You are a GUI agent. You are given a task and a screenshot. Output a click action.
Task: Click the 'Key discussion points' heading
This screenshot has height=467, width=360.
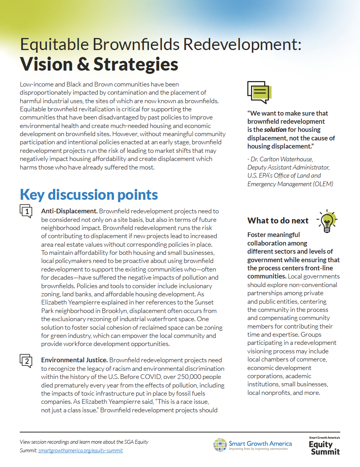[x=89, y=194]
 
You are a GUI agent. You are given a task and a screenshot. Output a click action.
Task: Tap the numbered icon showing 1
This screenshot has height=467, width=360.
[x=26, y=211]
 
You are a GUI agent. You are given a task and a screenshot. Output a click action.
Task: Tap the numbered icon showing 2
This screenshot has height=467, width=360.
[x=26, y=361]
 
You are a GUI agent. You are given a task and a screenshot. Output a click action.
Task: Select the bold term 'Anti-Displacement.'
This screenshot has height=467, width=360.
[x=69, y=211]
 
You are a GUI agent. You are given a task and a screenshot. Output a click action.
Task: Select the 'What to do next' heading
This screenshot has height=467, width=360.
[x=278, y=221]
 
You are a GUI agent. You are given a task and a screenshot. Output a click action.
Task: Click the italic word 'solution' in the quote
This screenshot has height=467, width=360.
[x=275, y=130]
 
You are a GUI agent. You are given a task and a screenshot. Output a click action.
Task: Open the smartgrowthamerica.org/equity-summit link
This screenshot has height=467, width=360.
[x=81, y=450]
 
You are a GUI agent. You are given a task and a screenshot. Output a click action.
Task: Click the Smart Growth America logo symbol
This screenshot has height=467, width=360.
[x=220, y=445]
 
